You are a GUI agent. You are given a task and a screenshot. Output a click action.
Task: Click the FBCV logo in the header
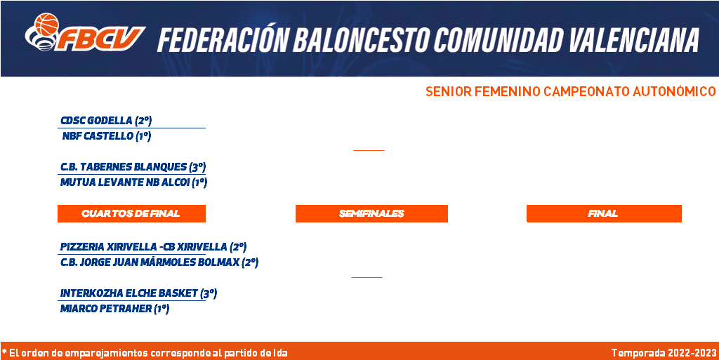(85, 32)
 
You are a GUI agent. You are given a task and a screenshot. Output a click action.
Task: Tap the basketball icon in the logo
(47, 24)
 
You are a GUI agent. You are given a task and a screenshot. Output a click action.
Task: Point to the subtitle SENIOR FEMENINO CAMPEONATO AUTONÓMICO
(570, 92)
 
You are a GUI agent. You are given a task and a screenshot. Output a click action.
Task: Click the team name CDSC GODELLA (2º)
(106, 121)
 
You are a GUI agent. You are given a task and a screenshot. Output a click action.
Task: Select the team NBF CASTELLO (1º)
(107, 136)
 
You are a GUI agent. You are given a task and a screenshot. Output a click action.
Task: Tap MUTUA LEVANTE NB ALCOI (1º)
(134, 182)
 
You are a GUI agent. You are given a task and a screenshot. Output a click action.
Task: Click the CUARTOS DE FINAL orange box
(131, 213)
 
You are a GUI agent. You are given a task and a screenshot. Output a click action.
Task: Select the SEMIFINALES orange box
(371, 213)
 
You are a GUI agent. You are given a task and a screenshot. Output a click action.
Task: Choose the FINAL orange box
(604, 213)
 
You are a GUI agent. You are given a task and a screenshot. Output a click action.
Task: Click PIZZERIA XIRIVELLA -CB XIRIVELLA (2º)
(154, 247)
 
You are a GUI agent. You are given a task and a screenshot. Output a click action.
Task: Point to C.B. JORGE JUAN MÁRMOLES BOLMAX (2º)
(159, 262)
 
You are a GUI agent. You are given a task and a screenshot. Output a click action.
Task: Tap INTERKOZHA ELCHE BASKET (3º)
(138, 293)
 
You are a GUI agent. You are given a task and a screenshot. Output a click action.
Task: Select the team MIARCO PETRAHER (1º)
(115, 309)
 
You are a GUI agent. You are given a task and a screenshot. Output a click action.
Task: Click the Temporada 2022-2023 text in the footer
(664, 353)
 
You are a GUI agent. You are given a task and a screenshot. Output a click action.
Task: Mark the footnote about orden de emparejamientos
(145, 353)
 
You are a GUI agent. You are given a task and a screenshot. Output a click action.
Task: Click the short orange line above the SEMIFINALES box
(369, 150)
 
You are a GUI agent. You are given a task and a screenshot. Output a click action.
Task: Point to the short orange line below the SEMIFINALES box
(367, 277)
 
